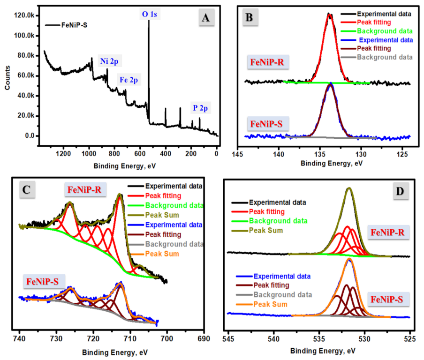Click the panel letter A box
[205, 18]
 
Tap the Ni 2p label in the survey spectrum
[110, 60]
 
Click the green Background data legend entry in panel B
[386, 31]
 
